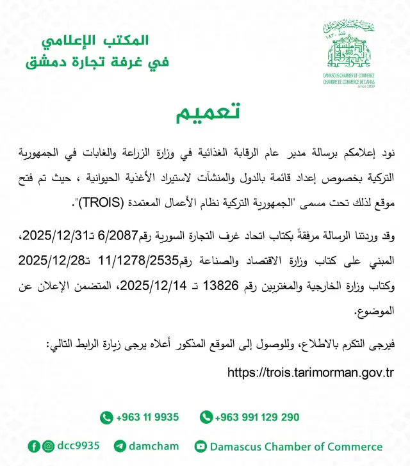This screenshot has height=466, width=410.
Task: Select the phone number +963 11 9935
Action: [147, 417]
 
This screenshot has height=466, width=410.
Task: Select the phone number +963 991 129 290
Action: [257, 417]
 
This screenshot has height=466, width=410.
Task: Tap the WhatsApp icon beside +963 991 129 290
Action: [206, 417]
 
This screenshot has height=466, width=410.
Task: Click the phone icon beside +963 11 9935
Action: [106, 417]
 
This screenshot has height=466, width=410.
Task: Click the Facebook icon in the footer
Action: [34, 446]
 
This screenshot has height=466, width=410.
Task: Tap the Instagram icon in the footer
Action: [49, 446]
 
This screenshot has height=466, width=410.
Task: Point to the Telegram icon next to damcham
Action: [120, 446]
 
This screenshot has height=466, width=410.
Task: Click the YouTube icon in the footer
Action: [201, 446]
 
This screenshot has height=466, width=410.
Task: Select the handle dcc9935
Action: [78, 446]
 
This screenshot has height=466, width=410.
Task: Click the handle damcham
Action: [154, 446]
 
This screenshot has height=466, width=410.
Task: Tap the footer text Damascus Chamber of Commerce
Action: [296, 446]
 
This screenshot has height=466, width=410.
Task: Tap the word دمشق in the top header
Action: [47, 63]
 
